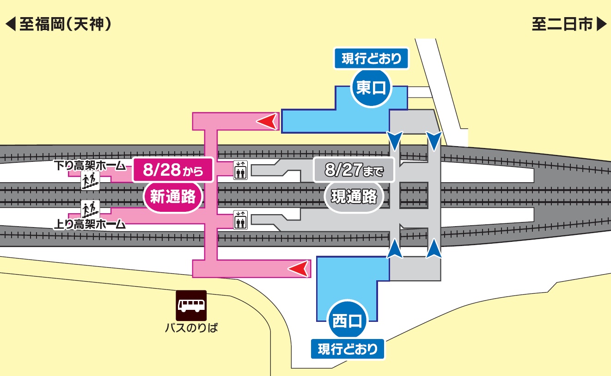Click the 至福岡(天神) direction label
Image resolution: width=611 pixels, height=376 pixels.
click(59, 25)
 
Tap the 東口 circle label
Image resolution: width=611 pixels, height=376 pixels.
click(371, 88)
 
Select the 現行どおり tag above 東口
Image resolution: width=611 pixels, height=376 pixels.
click(371, 59)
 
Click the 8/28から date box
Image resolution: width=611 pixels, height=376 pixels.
click(173, 170)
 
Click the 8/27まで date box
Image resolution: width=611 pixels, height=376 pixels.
click(354, 170)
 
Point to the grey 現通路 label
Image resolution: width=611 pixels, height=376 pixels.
click(354, 197)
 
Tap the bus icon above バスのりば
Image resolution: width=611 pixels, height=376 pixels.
click(191, 305)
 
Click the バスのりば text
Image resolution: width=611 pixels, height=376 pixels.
click(191, 328)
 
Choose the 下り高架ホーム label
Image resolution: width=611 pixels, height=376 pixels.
click(90, 165)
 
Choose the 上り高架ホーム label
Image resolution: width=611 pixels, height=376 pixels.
click(90, 225)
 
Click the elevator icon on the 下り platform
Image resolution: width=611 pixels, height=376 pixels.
click(240, 170)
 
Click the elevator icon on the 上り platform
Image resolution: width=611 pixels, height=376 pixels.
click(240, 220)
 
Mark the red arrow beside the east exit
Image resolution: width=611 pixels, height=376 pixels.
click(268, 122)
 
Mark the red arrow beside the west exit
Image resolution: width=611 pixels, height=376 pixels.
click(298, 268)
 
